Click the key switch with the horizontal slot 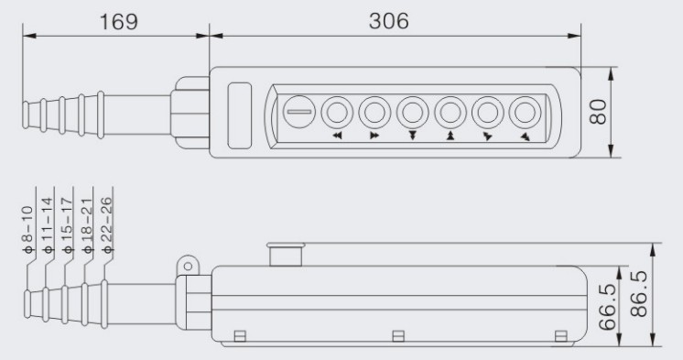[x=298, y=112]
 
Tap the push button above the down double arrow [x=412, y=112]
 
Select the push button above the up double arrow [x=450, y=112]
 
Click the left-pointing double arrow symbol [x=337, y=135]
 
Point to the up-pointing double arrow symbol [x=450, y=135]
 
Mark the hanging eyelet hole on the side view [x=189, y=265]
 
